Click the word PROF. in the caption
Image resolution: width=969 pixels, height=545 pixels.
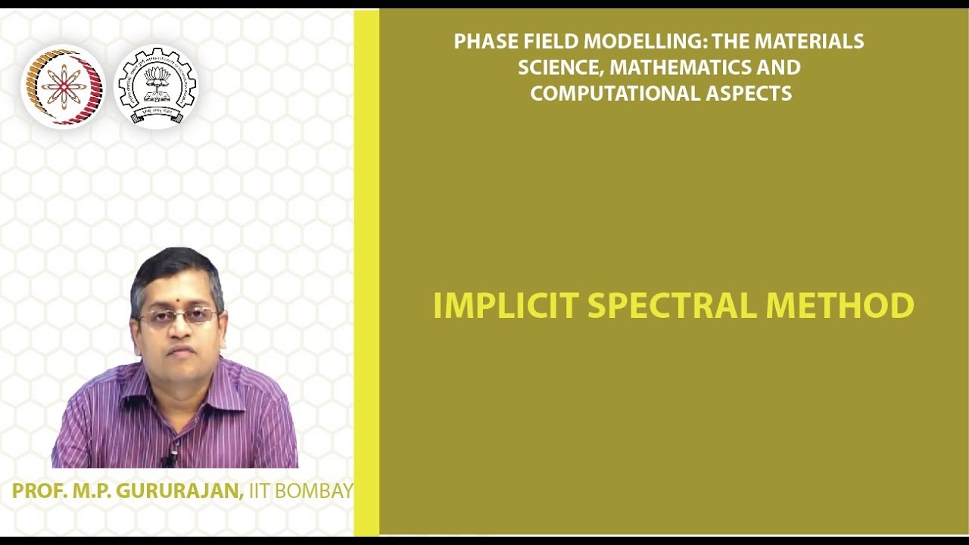(x=39, y=490)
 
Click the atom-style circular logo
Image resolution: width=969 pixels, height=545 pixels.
(x=63, y=87)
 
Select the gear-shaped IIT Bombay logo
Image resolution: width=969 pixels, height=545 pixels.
(x=156, y=87)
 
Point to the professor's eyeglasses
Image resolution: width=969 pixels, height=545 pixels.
(x=179, y=316)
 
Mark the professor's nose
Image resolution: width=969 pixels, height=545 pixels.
(x=179, y=329)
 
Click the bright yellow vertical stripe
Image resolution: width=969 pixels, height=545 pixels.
(x=366, y=272)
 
